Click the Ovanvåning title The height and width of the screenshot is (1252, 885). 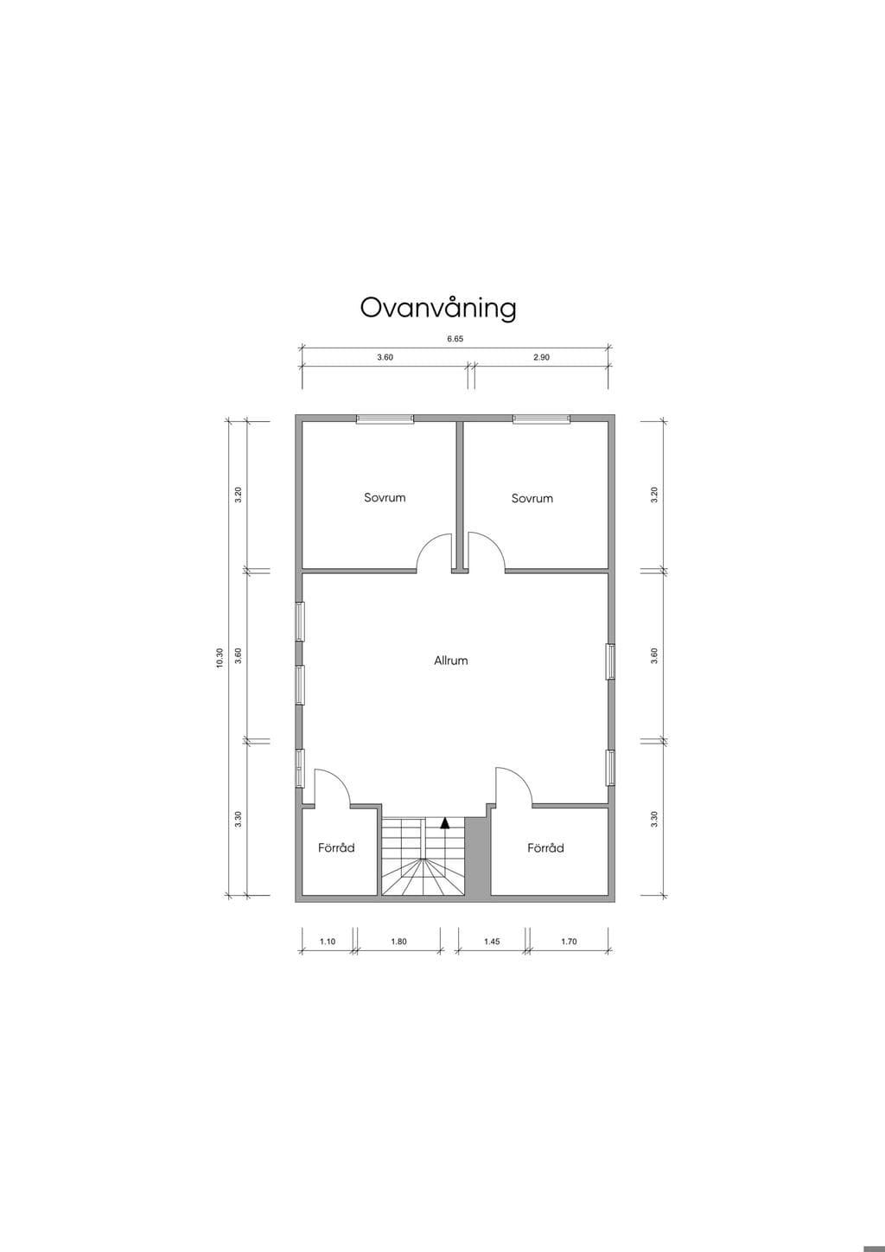[x=438, y=308]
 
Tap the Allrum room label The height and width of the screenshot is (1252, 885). [x=451, y=661]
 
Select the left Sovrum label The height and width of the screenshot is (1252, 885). [x=385, y=497]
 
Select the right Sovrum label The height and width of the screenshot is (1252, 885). [x=532, y=498]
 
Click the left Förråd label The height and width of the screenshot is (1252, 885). [x=336, y=847]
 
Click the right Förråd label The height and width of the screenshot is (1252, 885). [x=546, y=847]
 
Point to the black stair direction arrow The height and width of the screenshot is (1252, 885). [x=445, y=823]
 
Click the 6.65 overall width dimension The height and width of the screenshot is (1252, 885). [x=455, y=339]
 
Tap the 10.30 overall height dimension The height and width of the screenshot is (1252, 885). [x=220, y=658]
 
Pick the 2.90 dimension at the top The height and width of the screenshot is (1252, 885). [x=541, y=357]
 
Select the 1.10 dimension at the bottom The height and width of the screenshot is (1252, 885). [x=328, y=942]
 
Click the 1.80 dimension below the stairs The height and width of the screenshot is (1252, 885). [x=399, y=942]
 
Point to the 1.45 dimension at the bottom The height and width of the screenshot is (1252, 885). [x=492, y=942]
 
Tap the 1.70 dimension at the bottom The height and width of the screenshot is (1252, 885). [x=569, y=942]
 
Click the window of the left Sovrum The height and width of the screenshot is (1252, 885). [x=385, y=419]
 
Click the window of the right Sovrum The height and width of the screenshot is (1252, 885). [x=542, y=419]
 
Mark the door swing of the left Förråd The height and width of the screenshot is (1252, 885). [x=341, y=777]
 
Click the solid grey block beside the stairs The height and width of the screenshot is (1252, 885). [x=477, y=855]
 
